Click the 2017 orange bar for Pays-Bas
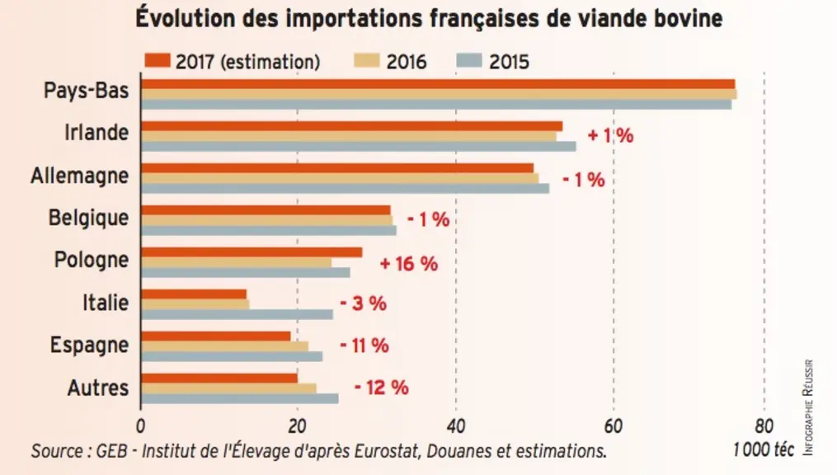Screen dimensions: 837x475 tap(438, 84)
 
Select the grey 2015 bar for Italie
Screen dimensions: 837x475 tap(237, 314)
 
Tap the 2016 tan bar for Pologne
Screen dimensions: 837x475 tap(236, 262)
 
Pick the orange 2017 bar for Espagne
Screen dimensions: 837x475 tap(216, 336)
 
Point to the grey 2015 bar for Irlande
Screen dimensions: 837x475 tap(358, 146)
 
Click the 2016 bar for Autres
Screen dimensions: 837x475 tap(228, 388)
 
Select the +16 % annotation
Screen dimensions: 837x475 tap(409, 264)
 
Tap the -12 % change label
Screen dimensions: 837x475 tap(381, 387)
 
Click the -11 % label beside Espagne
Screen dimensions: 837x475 tap(364, 346)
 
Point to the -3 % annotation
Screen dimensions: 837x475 tap(364, 303)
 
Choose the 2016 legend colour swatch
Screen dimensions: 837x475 tap(367, 61)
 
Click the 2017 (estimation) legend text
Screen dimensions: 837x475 tap(248, 62)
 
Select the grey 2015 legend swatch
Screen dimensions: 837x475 tap(469, 61)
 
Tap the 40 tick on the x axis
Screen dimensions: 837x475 tap(456, 426)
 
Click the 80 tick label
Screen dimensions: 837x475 tap(764, 426)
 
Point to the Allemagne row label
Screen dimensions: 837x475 tap(79, 176)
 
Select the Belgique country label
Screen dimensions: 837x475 tap(88, 218)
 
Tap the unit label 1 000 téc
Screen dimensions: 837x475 tap(764, 450)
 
